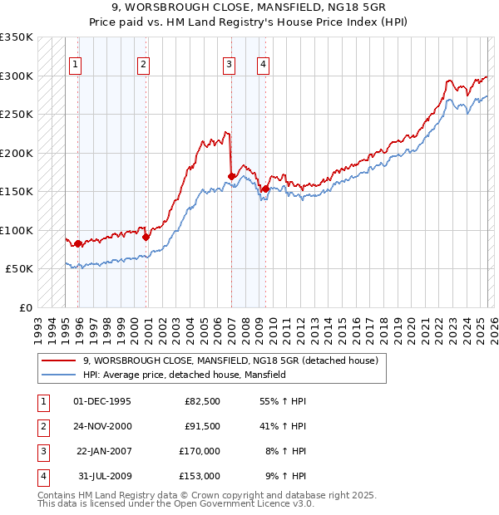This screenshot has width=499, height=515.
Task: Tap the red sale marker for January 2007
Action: point(231,176)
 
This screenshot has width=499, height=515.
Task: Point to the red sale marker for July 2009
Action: point(265,189)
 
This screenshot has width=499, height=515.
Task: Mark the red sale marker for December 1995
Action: point(78,243)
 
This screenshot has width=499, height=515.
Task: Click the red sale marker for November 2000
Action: point(146,237)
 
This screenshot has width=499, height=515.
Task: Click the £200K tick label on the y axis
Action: point(17,153)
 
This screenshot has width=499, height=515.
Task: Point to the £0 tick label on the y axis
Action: point(25,307)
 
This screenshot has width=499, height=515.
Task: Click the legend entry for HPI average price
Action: point(184,375)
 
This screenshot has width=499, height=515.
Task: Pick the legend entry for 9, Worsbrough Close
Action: point(230,360)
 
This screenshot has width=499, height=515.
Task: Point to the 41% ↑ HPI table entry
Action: point(284,426)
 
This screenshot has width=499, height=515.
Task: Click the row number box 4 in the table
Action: point(42,476)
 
